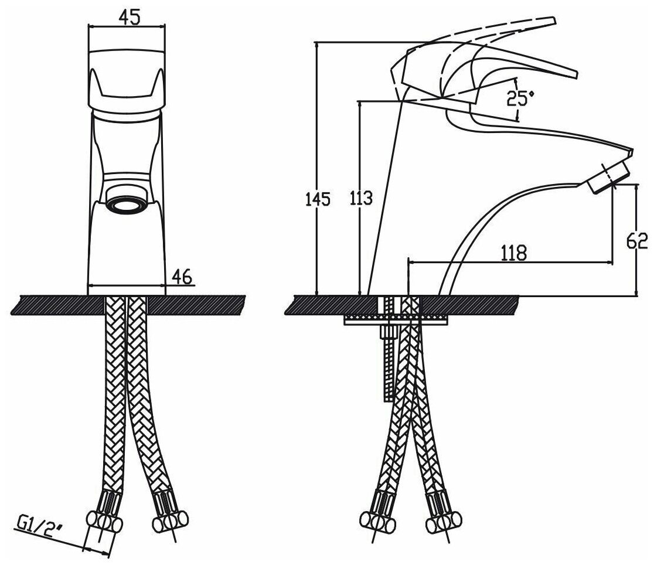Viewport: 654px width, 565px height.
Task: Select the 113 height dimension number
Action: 360,199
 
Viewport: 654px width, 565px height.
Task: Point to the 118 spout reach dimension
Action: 513,253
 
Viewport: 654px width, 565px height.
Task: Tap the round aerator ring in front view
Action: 127,207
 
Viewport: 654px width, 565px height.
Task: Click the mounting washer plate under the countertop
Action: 396,319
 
